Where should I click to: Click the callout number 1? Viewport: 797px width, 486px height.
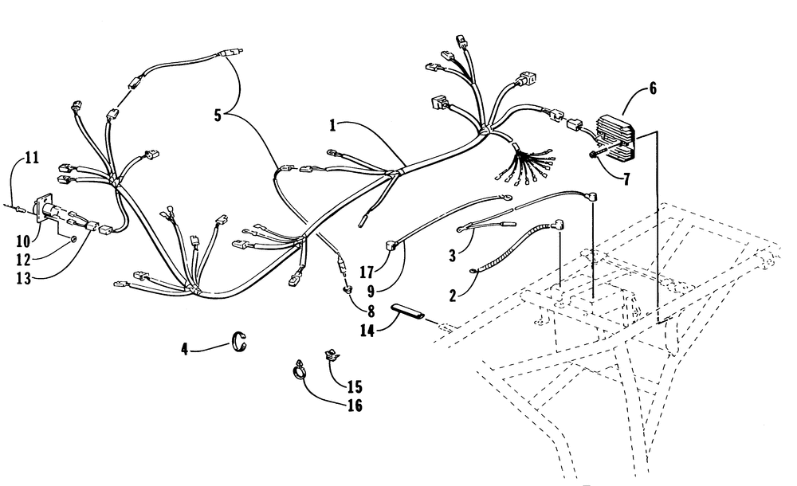point(332,125)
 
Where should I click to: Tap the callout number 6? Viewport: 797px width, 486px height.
point(653,88)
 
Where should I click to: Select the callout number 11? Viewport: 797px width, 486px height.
point(32,158)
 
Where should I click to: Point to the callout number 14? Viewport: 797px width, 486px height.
point(367,331)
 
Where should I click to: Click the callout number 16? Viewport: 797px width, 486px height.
point(355,406)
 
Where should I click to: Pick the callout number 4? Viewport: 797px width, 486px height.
point(185,349)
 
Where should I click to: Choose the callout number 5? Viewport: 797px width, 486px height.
point(218,116)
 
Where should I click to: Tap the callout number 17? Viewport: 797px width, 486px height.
point(367,272)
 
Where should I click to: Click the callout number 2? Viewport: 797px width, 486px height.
point(453,296)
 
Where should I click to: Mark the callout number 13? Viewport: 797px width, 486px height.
point(23,279)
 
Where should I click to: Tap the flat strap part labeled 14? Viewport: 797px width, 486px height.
point(407,312)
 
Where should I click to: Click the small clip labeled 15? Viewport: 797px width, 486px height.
point(332,355)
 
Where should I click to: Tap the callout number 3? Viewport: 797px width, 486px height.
point(453,256)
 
